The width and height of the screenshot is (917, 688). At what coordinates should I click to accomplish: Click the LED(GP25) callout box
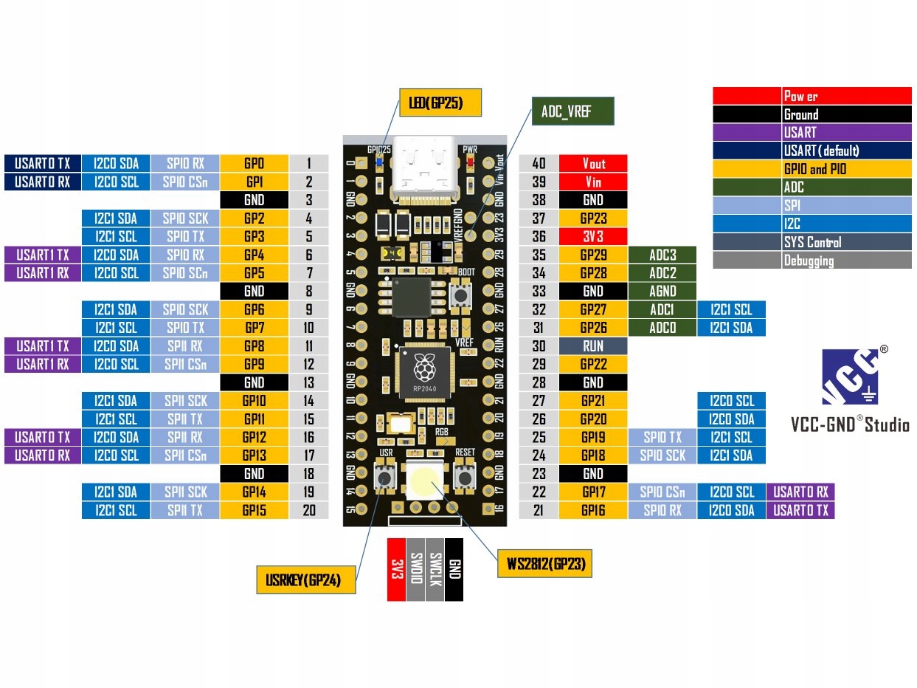point(440,103)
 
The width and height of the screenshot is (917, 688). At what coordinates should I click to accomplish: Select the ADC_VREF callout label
point(572,111)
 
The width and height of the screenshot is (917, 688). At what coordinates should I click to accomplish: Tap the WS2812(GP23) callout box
point(544,563)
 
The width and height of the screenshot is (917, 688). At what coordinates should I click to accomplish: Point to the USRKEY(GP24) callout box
point(306,579)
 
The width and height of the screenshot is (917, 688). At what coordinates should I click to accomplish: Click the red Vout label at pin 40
point(593,163)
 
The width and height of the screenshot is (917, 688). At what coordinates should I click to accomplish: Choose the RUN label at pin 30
point(593,346)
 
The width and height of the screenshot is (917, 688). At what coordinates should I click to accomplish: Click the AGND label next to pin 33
point(662,291)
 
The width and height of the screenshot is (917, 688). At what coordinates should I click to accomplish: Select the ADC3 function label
point(662,255)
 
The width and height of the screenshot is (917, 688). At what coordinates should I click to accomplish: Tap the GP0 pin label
point(254,163)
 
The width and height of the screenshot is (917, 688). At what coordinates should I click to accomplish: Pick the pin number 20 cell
point(308,510)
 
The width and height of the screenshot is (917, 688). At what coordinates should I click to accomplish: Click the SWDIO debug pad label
point(416,570)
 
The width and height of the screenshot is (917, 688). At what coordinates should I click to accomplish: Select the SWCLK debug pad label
point(435,570)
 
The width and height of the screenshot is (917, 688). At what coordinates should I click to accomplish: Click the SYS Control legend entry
point(812,242)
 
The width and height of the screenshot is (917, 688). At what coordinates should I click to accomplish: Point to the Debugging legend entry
point(812,261)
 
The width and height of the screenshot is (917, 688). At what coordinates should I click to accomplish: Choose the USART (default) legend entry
point(812,151)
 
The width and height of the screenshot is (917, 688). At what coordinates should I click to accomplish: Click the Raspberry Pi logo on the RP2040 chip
point(424,368)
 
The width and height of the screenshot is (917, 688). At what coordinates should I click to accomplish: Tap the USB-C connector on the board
point(424,170)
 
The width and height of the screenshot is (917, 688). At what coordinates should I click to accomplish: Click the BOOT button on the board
point(460,295)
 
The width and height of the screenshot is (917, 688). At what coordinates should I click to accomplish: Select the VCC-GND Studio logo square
point(850,377)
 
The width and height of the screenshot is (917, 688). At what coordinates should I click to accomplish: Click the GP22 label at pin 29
point(593,364)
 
